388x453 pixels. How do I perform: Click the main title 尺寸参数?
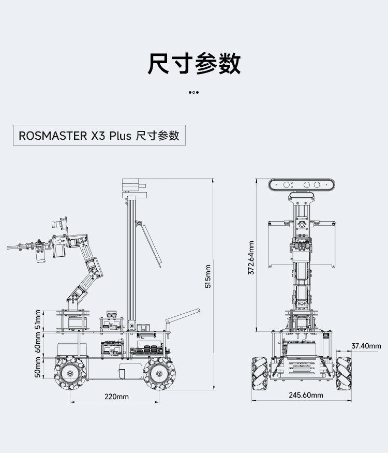(x=194, y=63)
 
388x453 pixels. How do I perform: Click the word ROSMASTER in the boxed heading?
(x=53, y=136)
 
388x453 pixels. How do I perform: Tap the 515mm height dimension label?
(x=207, y=276)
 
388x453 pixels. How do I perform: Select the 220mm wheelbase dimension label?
(x=116, y=397)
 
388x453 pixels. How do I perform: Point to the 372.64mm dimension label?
(x=251, y=258)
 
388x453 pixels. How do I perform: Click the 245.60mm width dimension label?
(x=306, y=395)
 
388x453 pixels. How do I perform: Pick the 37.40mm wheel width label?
(x=366, y=346)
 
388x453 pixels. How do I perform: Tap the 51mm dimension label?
(x=38, y=319)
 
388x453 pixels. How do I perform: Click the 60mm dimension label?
(x=38, y=343)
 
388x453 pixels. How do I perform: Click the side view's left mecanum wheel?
(x=70, y=373)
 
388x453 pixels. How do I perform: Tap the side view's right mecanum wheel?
(x=159, y=374)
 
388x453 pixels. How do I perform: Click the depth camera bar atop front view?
(x=302, y=185)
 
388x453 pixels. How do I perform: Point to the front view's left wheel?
(x=260, y=374)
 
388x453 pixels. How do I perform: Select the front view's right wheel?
(x=344, y=374)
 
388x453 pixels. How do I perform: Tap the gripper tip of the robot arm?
(x=8, y=247)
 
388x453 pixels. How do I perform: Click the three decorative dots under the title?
(x=193, y=93)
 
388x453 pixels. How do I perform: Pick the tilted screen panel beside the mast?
(x=148, y=244)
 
